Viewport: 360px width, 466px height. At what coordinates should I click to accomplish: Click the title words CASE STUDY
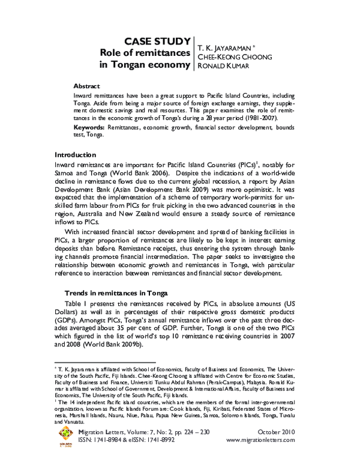pos(157,40)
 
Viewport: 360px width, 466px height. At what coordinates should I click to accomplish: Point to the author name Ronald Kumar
pos(221,66)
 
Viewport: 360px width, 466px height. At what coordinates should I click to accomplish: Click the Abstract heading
pos(86,86)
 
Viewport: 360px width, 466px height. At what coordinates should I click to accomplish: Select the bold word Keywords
pos(89,128)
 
